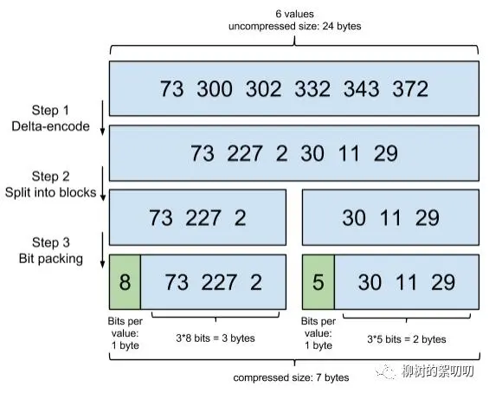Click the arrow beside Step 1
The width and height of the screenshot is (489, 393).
pyautogui.click(x=103, y=119)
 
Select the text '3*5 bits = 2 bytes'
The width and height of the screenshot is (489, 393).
pyautogui.click(x=407, y=338)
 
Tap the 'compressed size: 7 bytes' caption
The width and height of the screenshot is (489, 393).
pyautogui.click(x=291, y=377)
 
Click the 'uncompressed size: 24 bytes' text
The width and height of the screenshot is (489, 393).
pyautogui.click(x=294, y=25)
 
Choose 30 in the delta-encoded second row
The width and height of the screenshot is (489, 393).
pyautogui.click(x=312, y=153)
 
